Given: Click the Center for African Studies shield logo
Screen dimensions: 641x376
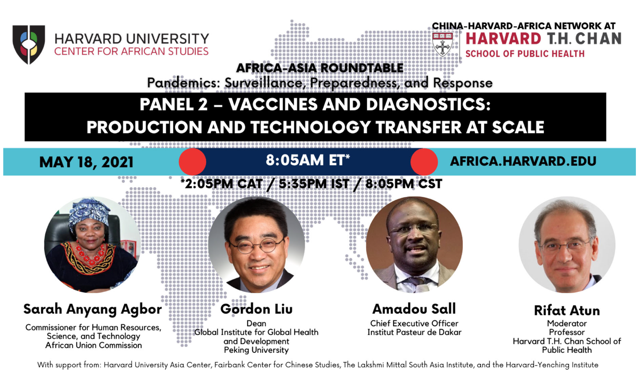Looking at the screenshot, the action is [x=29, y=44].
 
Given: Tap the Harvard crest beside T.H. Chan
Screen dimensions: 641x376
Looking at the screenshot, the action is [x=443, y=44].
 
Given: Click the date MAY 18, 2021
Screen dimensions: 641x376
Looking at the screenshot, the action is [x=86, y=162].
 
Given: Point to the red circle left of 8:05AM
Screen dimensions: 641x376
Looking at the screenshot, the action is [x=192, y=162].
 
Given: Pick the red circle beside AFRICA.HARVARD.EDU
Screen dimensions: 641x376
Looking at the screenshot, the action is [x=424, y=162].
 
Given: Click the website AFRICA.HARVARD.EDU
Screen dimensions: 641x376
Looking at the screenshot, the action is [x=523, y=161].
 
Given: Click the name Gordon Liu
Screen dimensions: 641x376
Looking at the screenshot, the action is [x=256, y=309].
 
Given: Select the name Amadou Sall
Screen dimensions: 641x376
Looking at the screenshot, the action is [x=414, y=309].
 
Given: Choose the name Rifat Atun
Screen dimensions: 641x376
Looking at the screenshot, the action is [x=567, y=310].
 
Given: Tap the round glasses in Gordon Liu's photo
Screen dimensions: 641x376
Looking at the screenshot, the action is [x=256, y=246].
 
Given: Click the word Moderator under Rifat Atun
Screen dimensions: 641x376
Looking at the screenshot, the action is [x=567, y=324].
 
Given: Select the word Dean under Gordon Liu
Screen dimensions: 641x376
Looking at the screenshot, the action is [x=256, y=324].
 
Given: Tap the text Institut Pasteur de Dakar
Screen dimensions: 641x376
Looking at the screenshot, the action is [x=414, y=332].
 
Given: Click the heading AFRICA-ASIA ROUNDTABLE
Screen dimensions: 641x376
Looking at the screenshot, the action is [x=320, y=68].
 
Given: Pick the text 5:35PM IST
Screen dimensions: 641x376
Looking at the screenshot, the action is [x=314, y=184].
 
